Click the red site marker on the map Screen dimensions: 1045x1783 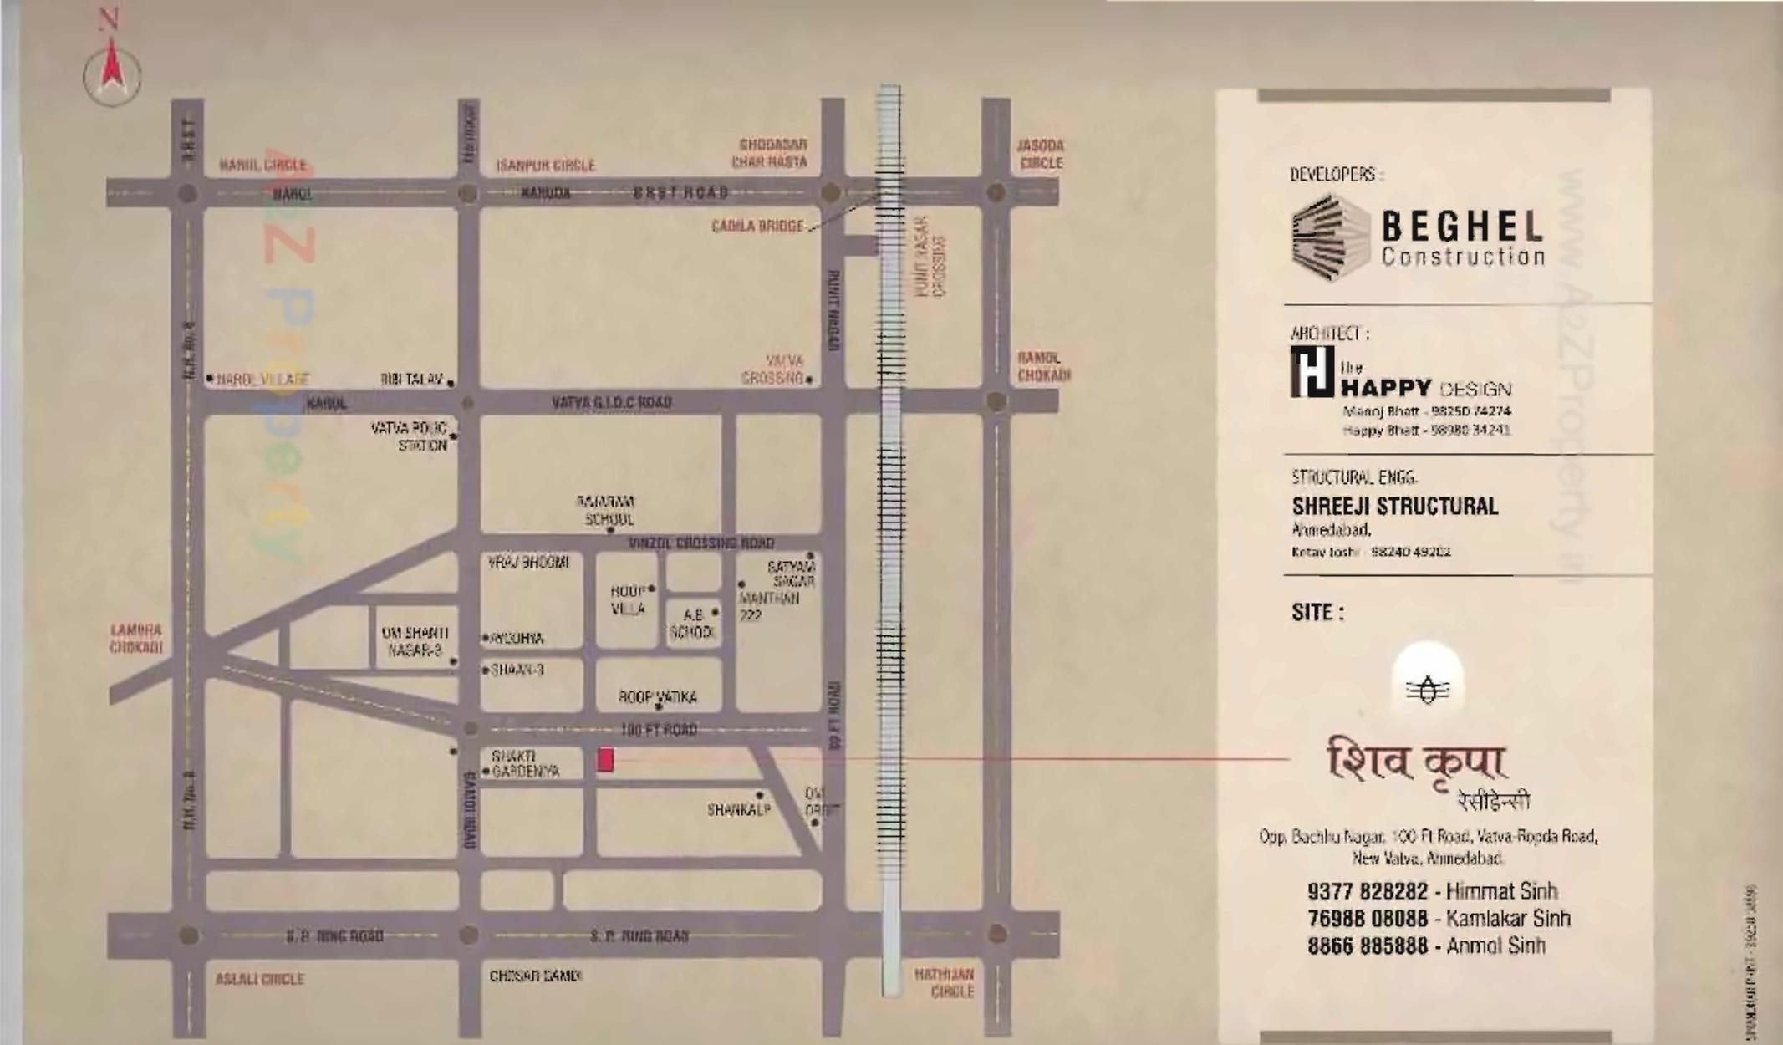pyautogui.click(x=605, y=759)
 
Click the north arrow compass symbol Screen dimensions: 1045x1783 pyautogui.click(x=112, y=72)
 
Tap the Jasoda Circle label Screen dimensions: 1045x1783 pyautogui.click(x=1040, y=154)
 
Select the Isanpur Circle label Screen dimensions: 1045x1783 pyautogui.click(x=546, y=166)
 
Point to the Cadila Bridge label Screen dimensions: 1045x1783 pyautogui.click(x=757, y=226)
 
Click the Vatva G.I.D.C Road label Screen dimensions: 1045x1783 pyautogui.click(x=611, y=403)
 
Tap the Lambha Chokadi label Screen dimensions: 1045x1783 pyautogui.click(x=135, y=639)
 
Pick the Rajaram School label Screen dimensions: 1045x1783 pyautogui.click(x=608, y=510)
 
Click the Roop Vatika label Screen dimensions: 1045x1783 pyautogui.click(x=657, y=696)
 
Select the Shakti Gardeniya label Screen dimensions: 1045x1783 pyautogui.click(x=525, y=763)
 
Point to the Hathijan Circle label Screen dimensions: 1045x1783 pyautogui.click(x=944, y=982)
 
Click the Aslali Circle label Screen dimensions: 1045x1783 pyautogui.click(x=259, y=978)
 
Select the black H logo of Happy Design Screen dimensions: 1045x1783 pyautogui.click(x=1312, y=372)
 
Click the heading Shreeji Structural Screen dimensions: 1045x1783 pyautogui.click(x=1394, y=507)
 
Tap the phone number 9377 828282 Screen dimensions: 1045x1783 pyautogui.click(x=1367, y=891)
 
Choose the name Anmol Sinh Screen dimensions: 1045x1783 pyautogui.click(x=1495, y=946)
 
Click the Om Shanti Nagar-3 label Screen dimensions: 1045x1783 pyautogui.click(x=415, y=641)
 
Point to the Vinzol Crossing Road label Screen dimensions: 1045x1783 pyautogui.click(x=700, y=543)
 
